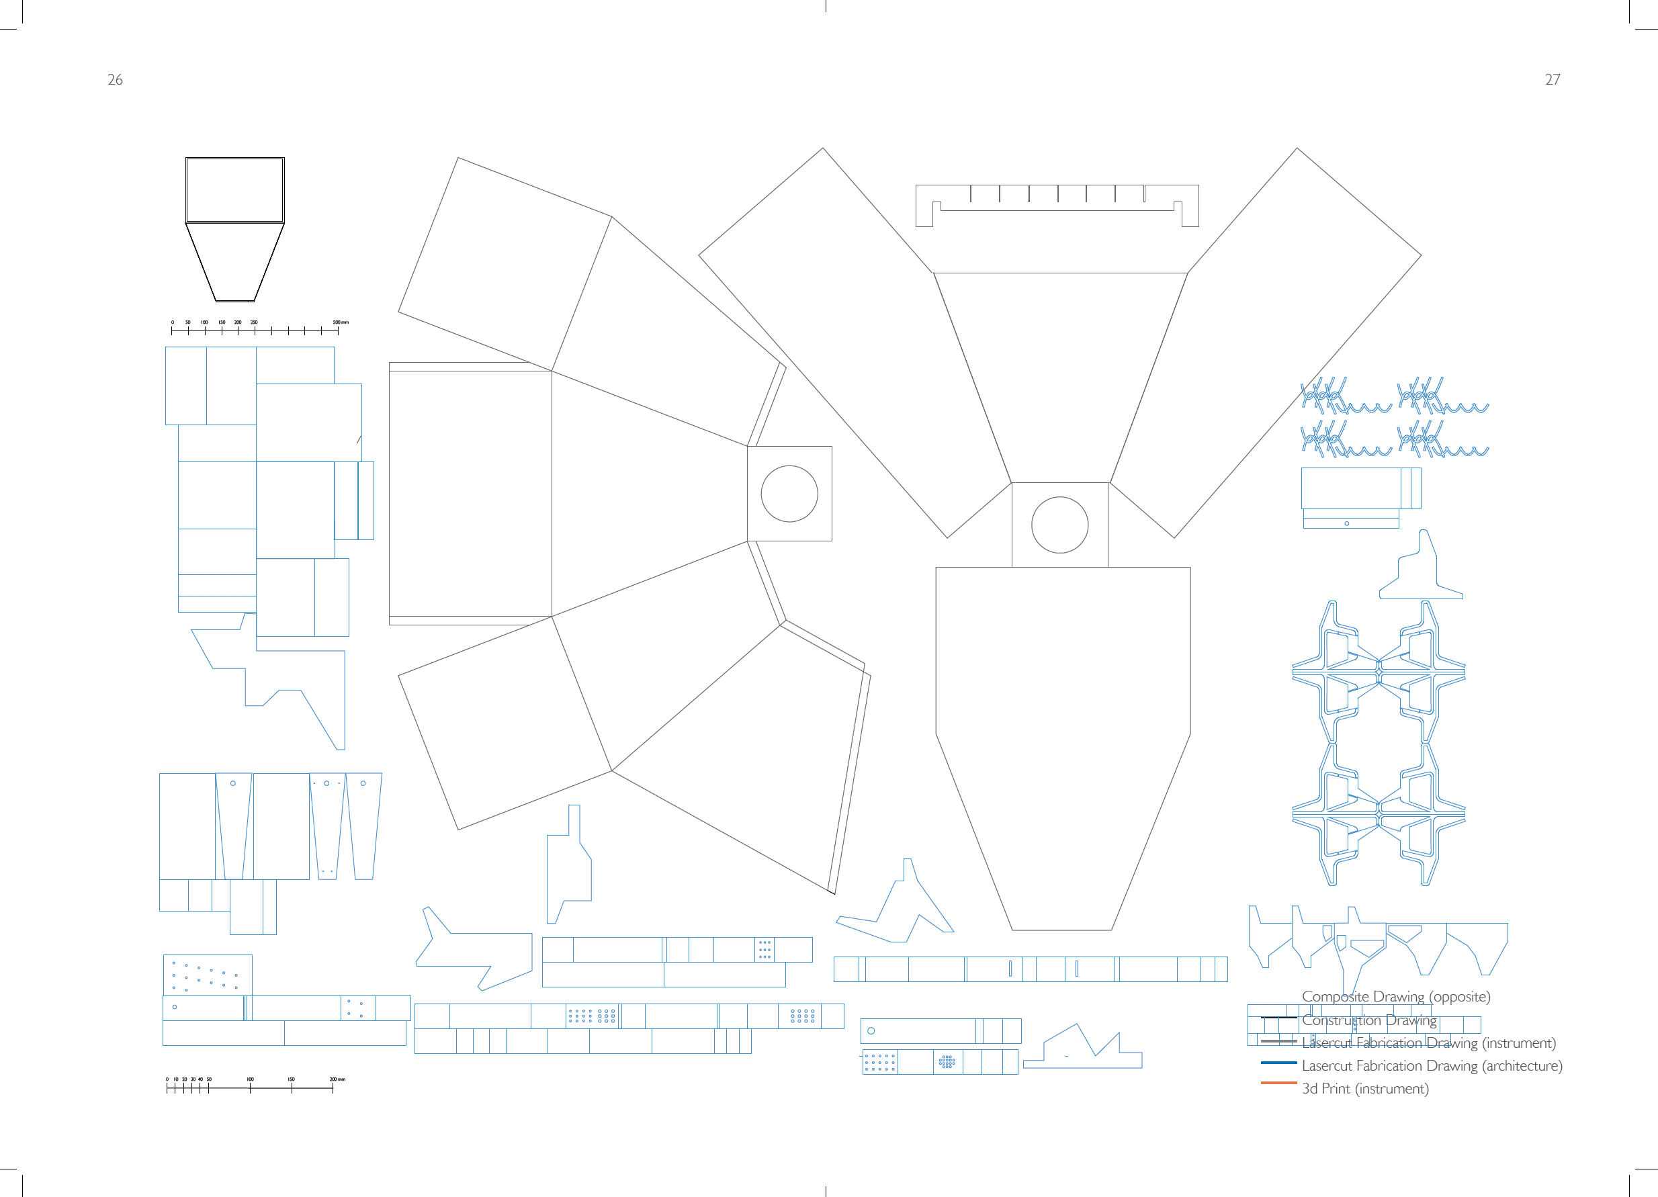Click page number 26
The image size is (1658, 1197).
click(x=115, y=80)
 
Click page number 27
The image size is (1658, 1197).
click(x=1553, y=80)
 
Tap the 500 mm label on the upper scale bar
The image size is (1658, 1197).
click(x=341, y=322)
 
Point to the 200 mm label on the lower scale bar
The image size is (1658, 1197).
click(x=337, y=1079)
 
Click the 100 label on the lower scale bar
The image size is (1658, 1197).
click(x=250, y=1079)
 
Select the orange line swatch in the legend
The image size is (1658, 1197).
click(x=1278, y=1083)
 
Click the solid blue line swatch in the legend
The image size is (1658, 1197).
click(x=1278, y=1063)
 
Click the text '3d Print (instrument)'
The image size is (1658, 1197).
click(x=1365, y=1089)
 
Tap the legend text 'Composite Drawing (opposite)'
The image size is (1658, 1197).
click(x=1395, y=997)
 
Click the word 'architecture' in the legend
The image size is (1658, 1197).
click(x=1522, y=1066)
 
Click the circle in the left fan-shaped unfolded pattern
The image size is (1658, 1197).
click(x=789, y=494)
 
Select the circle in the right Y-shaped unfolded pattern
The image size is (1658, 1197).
click(x=1059, y=525)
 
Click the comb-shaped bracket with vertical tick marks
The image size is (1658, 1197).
click(x=1057, y=205)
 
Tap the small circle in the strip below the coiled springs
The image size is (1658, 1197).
click(x=1346, y=523)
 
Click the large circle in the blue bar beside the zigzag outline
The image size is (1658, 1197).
click(x=871, y=1031)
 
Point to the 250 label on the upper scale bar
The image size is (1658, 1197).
click(x=254, y=322)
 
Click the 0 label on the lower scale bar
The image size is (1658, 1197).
click(x=167, y=1079)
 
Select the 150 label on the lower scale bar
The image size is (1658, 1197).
click(x=291, y=1079)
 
